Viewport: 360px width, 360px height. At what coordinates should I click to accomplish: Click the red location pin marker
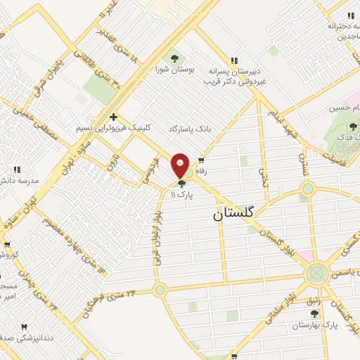tap(181, 166)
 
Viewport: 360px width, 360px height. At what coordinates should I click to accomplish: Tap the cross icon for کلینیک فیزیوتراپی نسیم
tap(112, 117)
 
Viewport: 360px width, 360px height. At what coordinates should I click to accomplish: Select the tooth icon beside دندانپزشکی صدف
tap(25, 328)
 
